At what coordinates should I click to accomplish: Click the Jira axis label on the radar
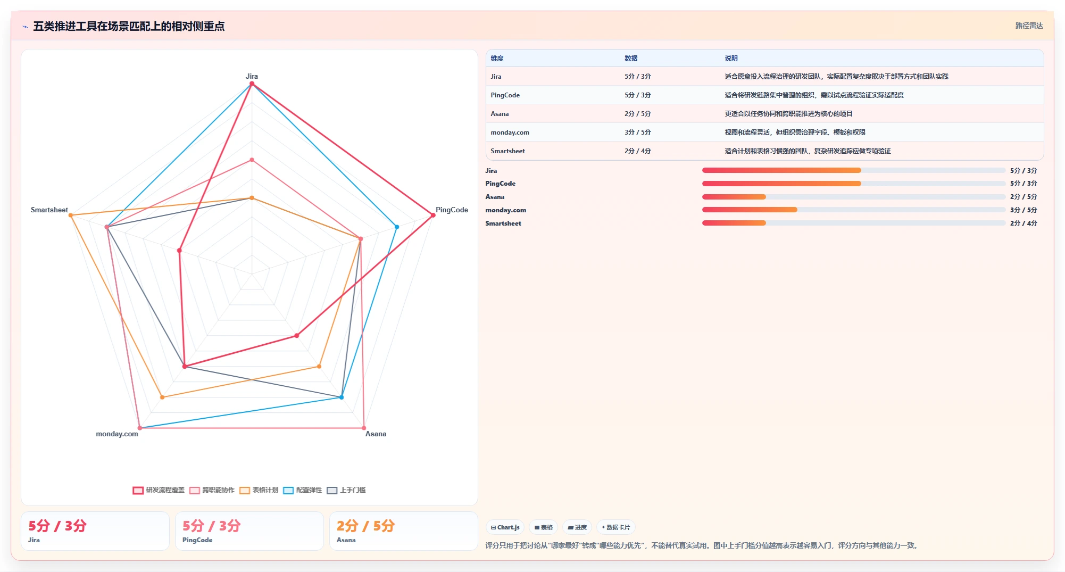252,76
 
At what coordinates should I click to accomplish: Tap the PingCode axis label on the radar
452,210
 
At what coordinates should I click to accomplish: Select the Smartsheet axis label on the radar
49,210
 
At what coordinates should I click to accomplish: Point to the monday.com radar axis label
117,434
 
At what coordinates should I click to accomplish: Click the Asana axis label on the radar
376,434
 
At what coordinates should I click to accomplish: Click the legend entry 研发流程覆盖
159,490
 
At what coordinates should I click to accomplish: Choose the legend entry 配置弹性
303,490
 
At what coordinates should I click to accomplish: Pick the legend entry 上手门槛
346,490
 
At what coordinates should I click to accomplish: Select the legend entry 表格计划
259,490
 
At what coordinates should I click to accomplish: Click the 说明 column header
731,59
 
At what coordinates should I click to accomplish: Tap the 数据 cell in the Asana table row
637,114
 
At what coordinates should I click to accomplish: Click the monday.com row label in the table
510,132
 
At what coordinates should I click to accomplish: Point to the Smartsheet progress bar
853,223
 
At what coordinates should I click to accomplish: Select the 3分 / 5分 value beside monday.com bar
1024,210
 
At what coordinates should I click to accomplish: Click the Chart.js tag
505,527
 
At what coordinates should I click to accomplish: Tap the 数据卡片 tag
615,527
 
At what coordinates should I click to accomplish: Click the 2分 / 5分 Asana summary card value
365,526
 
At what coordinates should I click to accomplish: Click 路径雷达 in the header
1029,26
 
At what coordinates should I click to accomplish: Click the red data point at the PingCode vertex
433,215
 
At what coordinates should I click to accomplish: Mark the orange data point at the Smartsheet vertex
71,215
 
